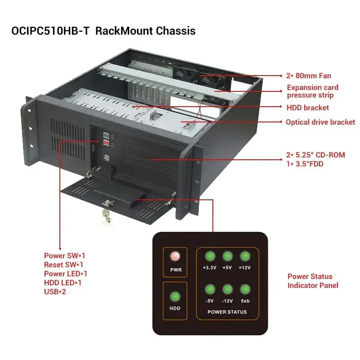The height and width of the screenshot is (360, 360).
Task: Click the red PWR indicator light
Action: point(175,256)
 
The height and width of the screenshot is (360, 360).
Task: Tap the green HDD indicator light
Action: point(175,297)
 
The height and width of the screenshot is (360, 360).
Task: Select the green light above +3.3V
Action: point(210,256)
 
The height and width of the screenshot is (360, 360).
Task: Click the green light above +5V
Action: point(227,256)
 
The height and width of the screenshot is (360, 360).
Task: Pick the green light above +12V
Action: point(245,256)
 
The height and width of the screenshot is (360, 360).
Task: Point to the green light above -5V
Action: point(210,289)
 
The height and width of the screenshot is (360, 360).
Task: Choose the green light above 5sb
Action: point(245,289)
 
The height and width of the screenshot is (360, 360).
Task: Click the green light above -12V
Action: point(227,289)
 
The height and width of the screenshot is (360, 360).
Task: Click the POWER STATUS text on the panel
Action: point(227,312)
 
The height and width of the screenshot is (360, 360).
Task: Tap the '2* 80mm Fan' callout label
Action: point(309,76)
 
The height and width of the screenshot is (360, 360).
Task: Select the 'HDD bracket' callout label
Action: point(308,108)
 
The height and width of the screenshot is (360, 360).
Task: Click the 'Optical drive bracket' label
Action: point(320,122)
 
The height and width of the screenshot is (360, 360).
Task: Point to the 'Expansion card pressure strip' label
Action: point(312,91)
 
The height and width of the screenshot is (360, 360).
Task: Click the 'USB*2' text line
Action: point(55,292)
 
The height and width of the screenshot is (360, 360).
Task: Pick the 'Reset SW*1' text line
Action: point(63,265)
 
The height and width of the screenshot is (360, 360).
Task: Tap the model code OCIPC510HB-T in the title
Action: point(50,31)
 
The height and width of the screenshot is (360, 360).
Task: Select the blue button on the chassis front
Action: point(106,135)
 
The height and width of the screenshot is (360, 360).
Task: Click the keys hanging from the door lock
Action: point(106,216)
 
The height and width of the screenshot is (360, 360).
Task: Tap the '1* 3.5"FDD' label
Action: point(305,164)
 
